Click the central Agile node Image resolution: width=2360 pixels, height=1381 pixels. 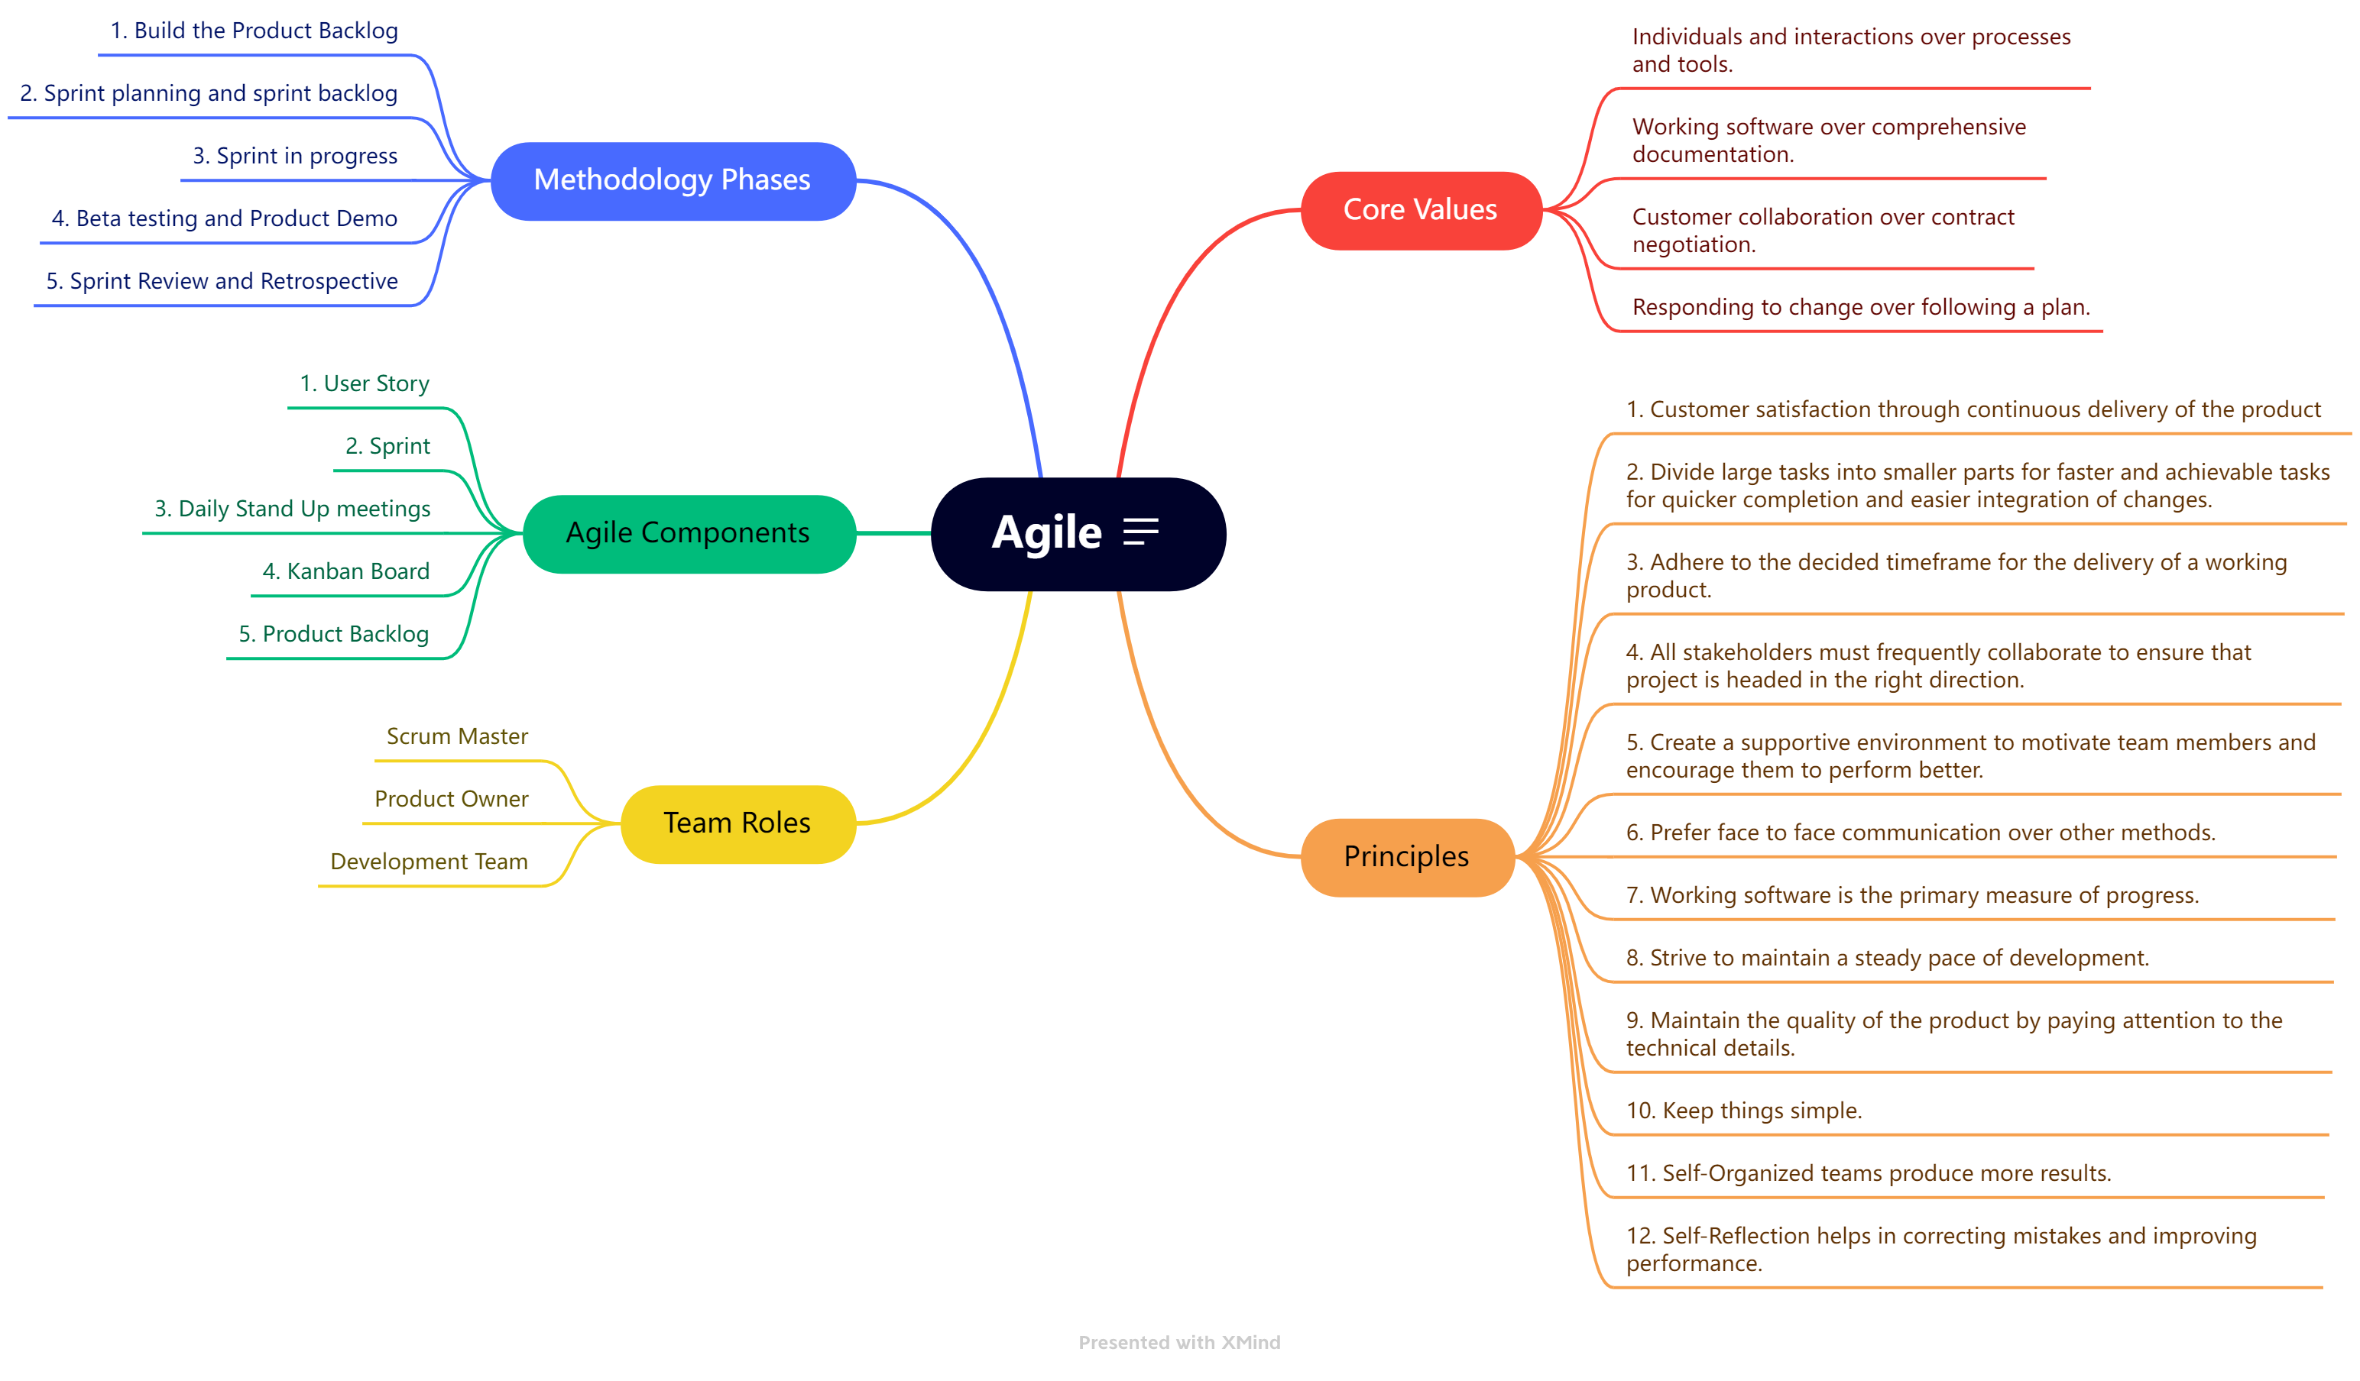[1046, 534]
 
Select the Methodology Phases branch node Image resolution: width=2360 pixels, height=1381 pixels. [673, 181]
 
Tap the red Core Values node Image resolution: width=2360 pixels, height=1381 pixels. [1420, 210]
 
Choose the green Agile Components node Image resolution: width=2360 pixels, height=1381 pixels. [689, 534]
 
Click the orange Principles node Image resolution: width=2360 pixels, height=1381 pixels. [1407, 857]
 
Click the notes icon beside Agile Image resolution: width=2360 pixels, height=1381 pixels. [1141, 532]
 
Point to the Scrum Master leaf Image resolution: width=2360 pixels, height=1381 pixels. [457, 737]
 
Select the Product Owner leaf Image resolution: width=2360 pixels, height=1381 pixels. [452, 800]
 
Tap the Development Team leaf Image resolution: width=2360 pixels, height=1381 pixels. [429, 862]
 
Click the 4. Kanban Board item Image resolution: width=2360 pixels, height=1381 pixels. [345, 572]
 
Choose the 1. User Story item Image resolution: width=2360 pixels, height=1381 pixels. [365, 384]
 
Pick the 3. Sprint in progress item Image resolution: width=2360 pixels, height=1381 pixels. [295, 157]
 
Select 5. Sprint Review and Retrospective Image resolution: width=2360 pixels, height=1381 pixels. [222, 282]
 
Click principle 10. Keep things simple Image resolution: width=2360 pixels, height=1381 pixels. [1744, 1111]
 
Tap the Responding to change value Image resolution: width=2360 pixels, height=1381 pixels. [1861, 308]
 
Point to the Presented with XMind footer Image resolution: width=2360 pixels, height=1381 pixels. [1179, 1343]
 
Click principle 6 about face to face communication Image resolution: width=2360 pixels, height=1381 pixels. [1920, 833]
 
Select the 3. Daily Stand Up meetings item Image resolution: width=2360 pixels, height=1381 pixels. [292, 509]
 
